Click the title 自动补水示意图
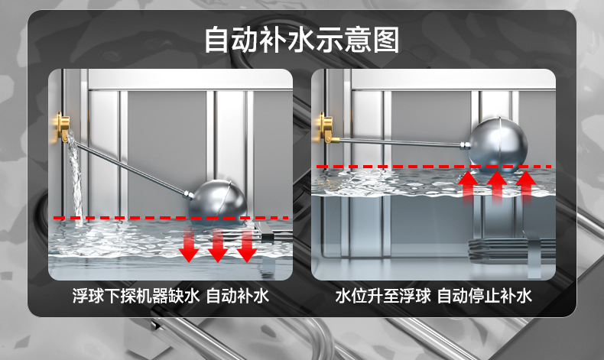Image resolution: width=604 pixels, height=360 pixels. pyautogui.click(x=301, y=40)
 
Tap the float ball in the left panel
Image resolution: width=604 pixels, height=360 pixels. pyautogui.click(x=218, y=202)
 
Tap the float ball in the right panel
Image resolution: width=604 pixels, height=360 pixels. pyautogui.click(x=498, y=145)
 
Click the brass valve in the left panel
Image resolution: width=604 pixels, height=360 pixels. pyautogui.click(x=63, y=127)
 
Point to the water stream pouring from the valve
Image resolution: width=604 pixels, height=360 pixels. pyautogui.click(x=76, y=178)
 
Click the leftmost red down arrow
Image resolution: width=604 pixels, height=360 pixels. pyautogui.click(x=189, y=245)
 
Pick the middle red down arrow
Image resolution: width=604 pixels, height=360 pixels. pyautogui.click(x=218, y=245)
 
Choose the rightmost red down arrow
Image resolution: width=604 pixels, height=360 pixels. pyautogui.click(x=246, y=245)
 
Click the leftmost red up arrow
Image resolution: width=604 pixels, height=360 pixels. pyautogui.click(x=469, y=186)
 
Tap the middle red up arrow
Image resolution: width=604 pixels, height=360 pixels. pyautogui.click(x=497, y=186)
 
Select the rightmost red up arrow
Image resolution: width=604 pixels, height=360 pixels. pyautogui.click(x=526, y=186)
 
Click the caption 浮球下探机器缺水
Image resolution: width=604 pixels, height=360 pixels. pyautogui.click(x=136, y=296)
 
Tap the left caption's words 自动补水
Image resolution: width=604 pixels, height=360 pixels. pyautogui.click(x=238, y=296)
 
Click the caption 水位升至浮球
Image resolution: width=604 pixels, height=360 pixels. pyautogui.click(x=383, y=296)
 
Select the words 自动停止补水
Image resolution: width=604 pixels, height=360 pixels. pyautogui.click(x=485, y=296)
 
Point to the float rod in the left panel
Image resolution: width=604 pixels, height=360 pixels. pyautogui.click(x=132, y=168)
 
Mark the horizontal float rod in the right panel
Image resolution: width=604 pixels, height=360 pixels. pyautogui.click(x=401, y=142)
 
